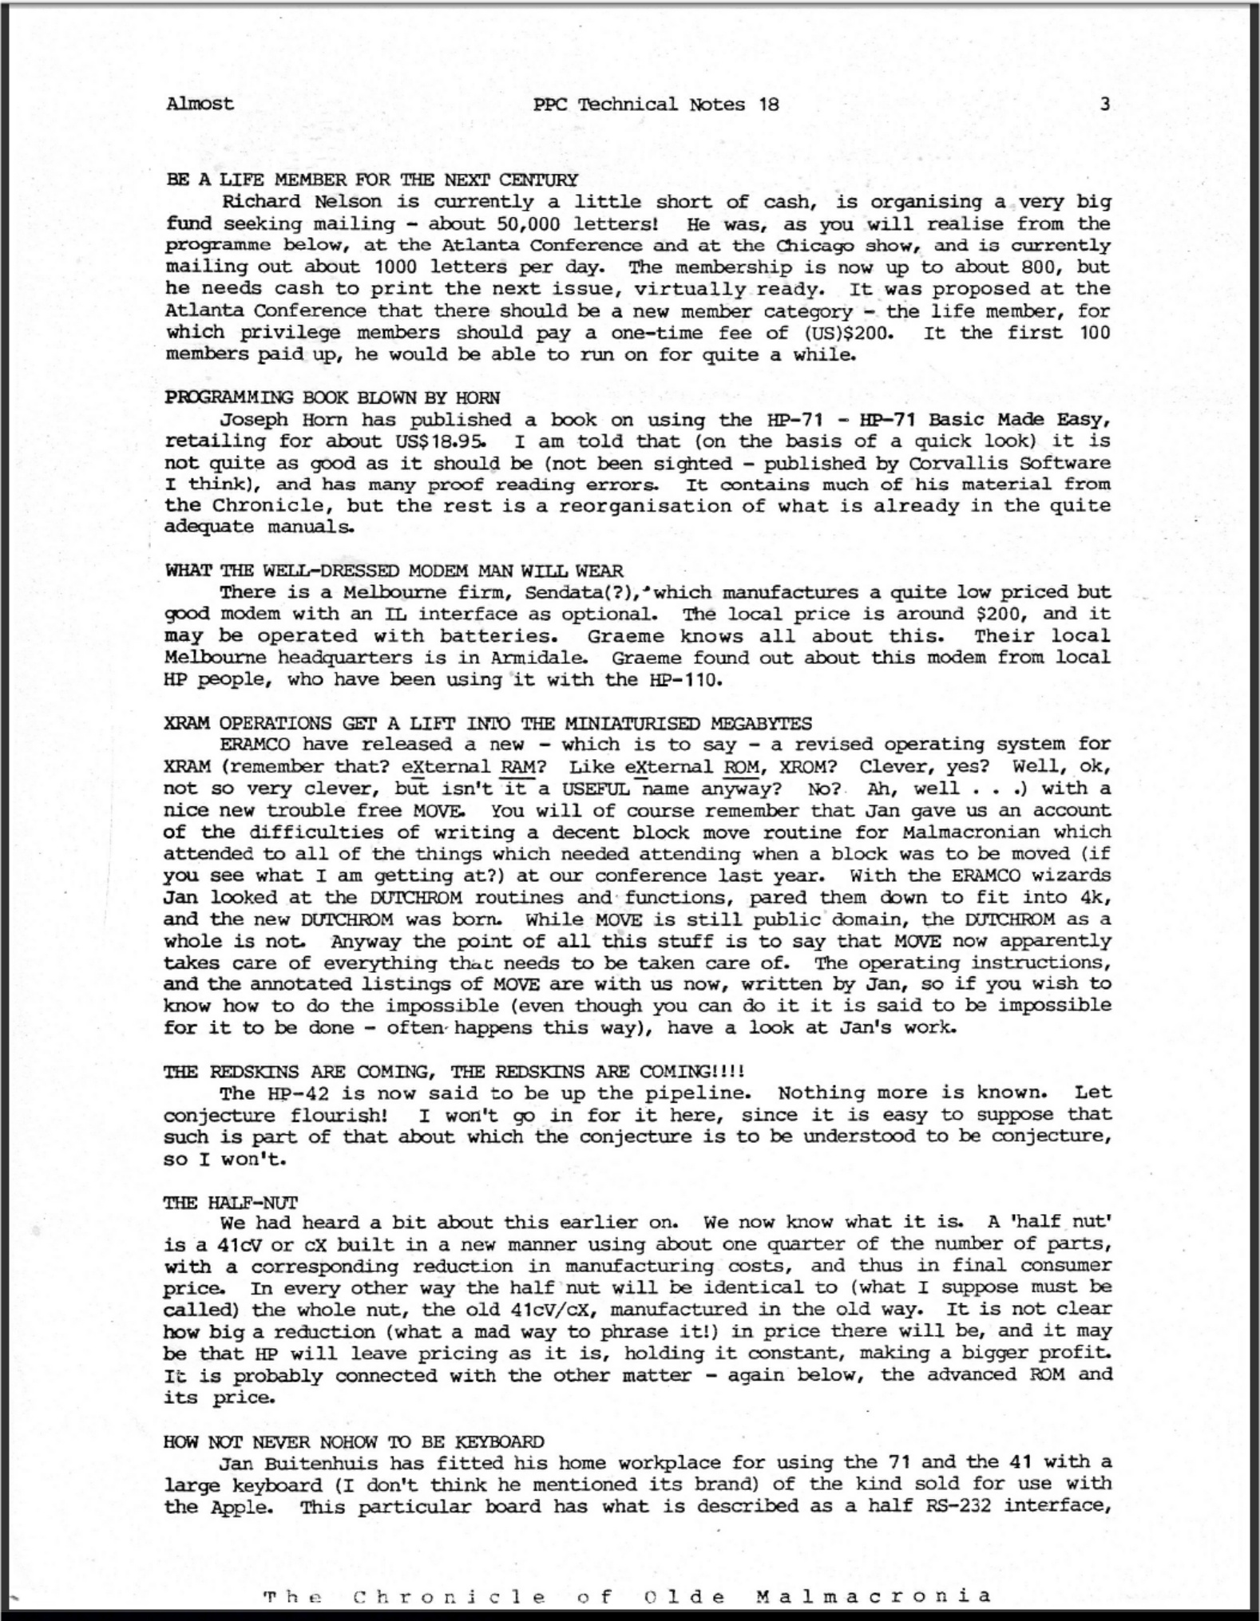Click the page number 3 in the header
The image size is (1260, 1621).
[1104, 104]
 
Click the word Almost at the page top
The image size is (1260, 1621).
[200, 104]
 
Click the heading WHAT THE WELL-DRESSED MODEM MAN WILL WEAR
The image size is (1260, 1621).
[394, 571]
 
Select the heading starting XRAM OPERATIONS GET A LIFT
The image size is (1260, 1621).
[488, 723]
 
